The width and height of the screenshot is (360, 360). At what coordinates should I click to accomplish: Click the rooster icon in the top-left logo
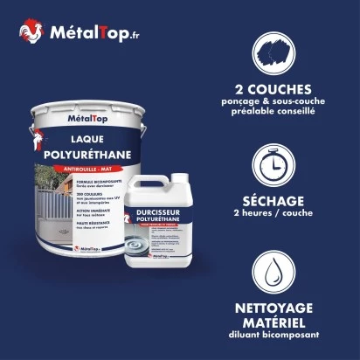(x=30, y=32)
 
